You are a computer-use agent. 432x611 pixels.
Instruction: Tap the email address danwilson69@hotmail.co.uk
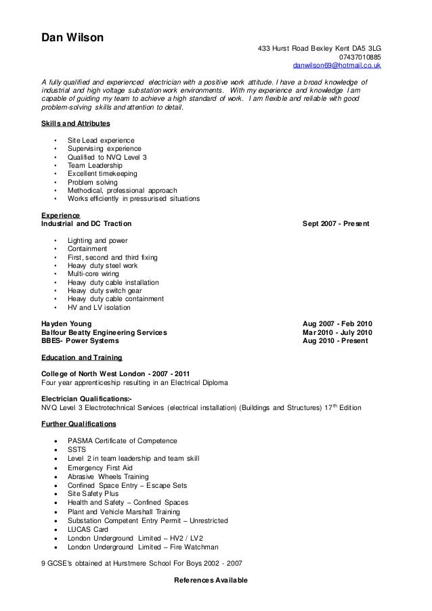pos(337,67)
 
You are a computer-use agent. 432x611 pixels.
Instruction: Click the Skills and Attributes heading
pos(76,125)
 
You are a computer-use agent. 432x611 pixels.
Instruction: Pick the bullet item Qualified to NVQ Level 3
pos(107,157)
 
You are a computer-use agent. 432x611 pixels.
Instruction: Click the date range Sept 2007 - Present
pos(337,223)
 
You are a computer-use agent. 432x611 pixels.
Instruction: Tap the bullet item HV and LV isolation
pos(99,307)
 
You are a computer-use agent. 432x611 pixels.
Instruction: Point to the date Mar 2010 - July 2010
pos(337,333)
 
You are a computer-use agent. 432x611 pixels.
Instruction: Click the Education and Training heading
pos(81,357)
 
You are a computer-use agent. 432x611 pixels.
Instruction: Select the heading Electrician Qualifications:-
pos(87,399)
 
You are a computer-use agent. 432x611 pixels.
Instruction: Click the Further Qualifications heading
pos(79,424)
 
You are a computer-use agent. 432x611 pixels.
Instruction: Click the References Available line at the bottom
pos(211,581)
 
